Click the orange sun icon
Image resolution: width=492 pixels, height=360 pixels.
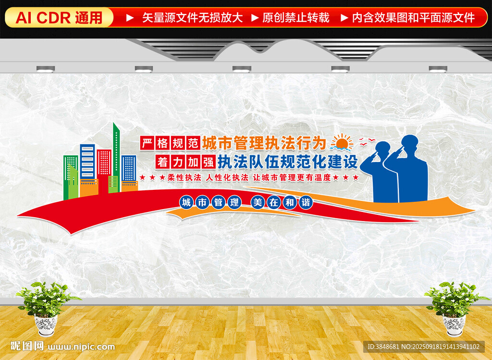[342, 142]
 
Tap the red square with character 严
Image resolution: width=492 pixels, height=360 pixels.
[147, 143]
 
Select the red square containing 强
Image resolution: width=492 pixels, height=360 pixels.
[209, 162]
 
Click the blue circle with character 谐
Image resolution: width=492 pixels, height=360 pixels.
[306, 202]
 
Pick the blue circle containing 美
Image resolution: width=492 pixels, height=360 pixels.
[258, 202]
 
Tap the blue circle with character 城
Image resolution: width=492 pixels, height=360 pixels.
[186, 202]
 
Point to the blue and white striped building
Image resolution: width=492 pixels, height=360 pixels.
[87, 161]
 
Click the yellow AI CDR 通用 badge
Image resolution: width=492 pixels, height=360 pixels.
[59, 17]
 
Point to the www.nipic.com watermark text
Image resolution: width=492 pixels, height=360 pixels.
[81, 347]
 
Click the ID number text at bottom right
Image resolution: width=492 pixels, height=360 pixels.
[424, 347]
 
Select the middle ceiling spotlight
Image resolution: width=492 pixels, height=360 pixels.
[242, 69]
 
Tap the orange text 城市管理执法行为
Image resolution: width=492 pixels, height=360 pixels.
[264, 143]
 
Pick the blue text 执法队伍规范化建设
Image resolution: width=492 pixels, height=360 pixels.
[288, 162]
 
